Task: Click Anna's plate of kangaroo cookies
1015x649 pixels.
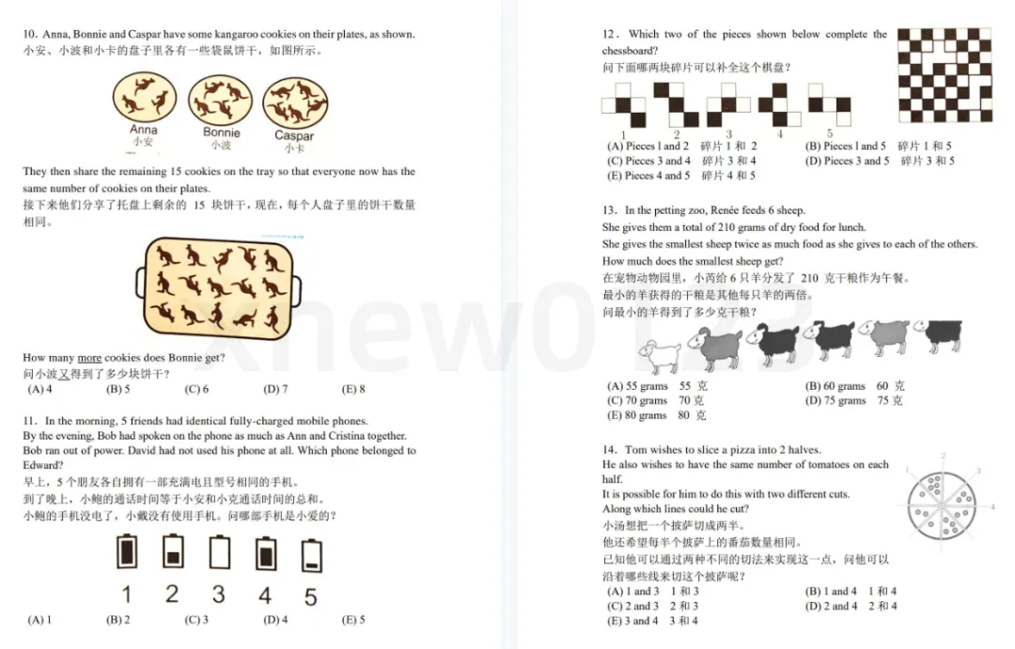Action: point(145,97)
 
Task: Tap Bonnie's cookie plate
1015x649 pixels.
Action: point(220,100)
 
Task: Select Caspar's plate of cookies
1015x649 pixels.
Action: point(295,103)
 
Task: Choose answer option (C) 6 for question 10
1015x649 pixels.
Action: point(196,389)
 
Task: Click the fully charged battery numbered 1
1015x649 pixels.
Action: point(127,551)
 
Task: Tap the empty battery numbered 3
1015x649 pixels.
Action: point(219,552)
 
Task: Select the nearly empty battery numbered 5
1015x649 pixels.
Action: point(311,556)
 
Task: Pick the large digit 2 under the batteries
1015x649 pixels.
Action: point(172,594)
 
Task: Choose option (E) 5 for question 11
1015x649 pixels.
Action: point(353,619)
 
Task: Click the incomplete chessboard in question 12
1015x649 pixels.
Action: point(945,75)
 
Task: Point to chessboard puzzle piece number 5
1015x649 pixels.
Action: point(829,105)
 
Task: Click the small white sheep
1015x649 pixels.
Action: point(660,355)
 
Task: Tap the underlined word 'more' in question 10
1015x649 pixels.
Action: point(89,358)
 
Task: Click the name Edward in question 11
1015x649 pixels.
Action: point(42,465)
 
